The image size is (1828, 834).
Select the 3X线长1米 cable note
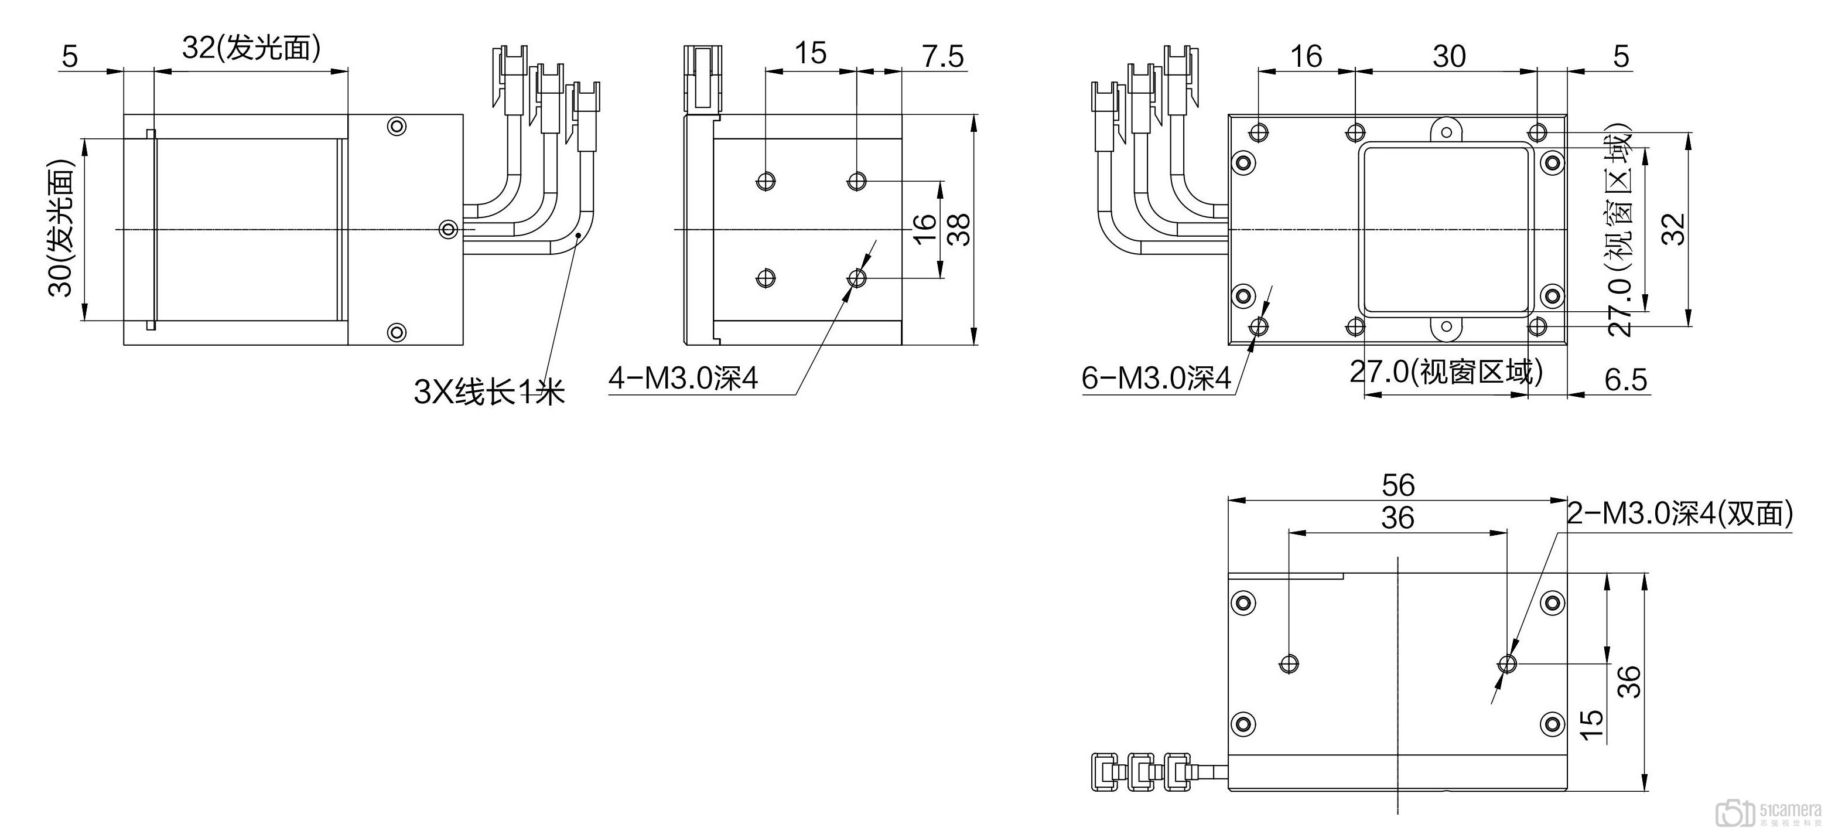tap(489, 391)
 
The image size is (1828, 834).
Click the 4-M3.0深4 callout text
tap(684, 378)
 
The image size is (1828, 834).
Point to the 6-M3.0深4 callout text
tap(1156, 378)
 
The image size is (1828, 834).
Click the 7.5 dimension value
tap(942, 57)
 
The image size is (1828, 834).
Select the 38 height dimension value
tap(960, 229)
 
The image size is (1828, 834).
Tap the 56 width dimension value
tap(1398, 485)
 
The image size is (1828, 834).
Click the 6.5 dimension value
tap(1625, 380)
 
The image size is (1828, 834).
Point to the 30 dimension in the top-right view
tap(1448, 57)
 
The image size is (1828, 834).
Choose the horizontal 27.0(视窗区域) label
tap(1446, 372)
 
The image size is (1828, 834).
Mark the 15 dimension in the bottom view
tap(1592, 724)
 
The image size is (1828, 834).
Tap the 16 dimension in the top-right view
tap(1306, 57)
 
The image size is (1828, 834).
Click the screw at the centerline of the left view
tap(449, 229)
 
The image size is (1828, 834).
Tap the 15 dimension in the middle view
tap(811, 53)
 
